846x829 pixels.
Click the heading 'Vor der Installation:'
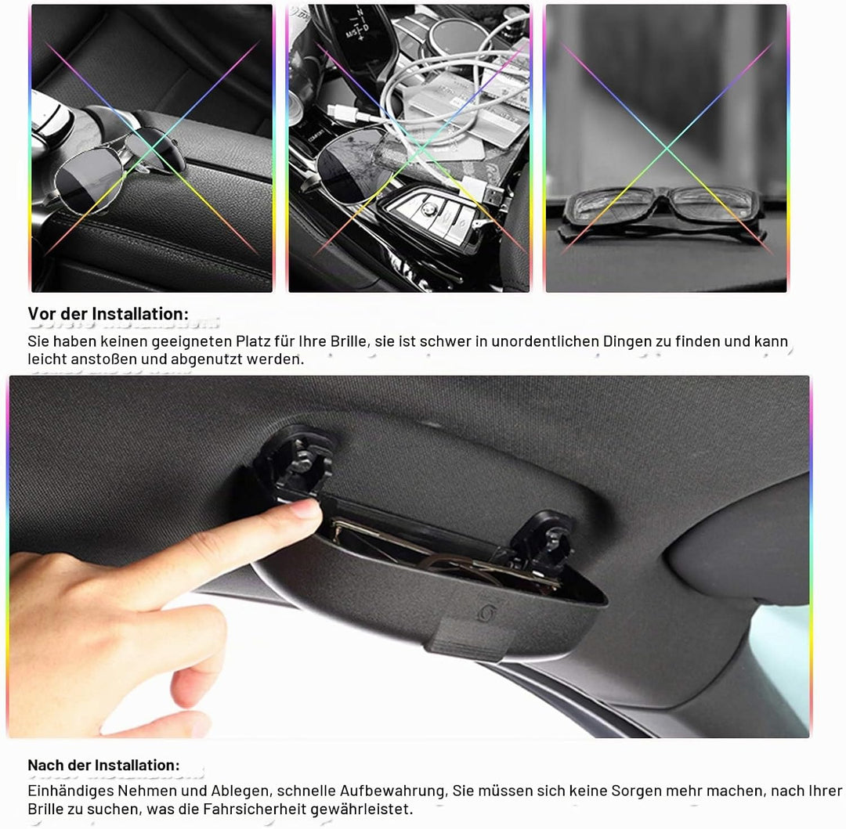point(108,314)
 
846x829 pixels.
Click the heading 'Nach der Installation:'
point(103,766)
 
